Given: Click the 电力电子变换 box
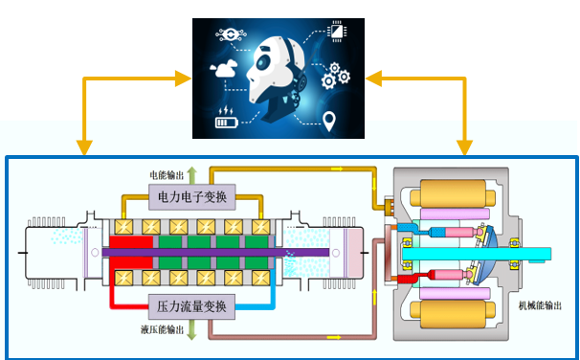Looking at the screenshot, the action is (x=192, y=197).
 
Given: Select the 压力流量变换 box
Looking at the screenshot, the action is (x=191, y=306).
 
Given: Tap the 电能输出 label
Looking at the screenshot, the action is (x=167, y=175).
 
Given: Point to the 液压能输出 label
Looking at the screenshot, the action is (x=162, y=329).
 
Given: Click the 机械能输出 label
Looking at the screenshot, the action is (x=540, y=305).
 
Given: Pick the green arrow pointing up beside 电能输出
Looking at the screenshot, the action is (x=191, y=175).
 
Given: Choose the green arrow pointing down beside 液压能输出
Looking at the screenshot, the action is (x=191, y=329).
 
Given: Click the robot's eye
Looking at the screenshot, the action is (x=262, y=62).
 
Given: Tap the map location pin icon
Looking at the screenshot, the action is (x=329, y=121).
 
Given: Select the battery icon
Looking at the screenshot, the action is (x=227, y=119).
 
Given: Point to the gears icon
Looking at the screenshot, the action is (x=335, y=76).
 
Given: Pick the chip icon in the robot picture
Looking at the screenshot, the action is (x=337, y=31).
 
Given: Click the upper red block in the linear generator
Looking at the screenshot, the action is (x=131, y=242).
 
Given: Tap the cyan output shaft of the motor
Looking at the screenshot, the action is (x=477, y=254).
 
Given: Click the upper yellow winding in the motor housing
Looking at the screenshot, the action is (x=453, y=193).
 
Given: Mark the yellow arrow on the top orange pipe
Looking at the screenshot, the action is (x=337, y=169).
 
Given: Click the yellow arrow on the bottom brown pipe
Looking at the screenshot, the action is (x=334, y=337).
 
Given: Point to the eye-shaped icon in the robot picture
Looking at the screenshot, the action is (x=232, y=35).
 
